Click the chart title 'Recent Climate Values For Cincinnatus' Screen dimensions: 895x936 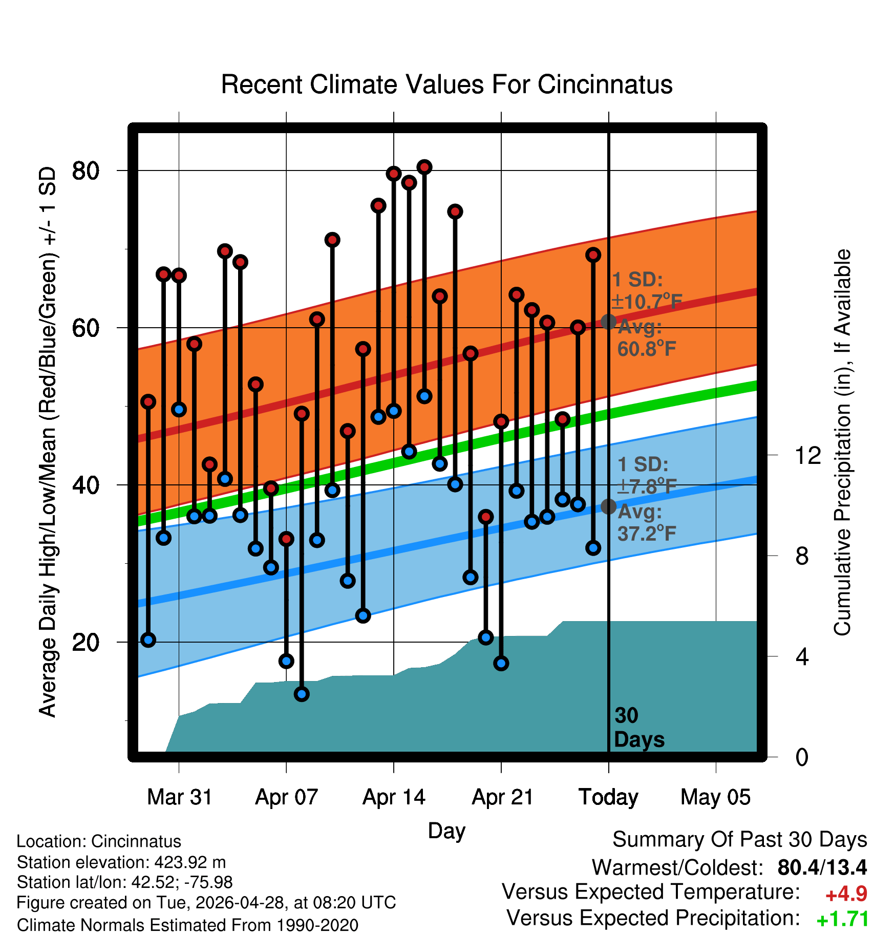(446, 84)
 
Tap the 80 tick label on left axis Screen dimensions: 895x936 (86, 171)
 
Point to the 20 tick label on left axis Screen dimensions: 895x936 (86, 642)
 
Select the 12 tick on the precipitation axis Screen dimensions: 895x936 (808, 455)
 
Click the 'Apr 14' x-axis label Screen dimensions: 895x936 (394, 797)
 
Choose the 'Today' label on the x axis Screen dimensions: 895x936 (608, 797)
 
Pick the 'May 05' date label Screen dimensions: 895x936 (715, 797)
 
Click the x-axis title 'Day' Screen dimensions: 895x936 (446, 831)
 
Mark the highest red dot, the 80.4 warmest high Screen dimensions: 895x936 (424, 167)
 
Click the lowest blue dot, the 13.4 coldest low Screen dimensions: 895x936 (302, 694)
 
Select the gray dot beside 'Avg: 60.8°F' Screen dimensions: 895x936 (608, 322)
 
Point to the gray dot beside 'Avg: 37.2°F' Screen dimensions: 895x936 (608, 506)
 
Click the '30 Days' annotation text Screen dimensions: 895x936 (639, 728)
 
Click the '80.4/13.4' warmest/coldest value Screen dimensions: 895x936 (822, 867)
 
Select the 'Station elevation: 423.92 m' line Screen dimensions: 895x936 (121, 862)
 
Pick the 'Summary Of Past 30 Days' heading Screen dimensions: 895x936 (740, 840)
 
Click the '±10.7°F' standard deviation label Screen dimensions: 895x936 (647, 301)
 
